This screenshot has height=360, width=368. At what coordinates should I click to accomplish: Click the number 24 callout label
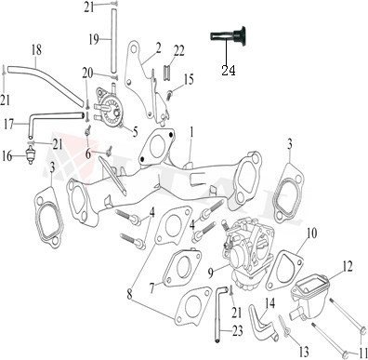pyautogui.click(x=227, y=69)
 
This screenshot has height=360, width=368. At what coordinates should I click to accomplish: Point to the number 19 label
pyautogui.click(x=93, y=38)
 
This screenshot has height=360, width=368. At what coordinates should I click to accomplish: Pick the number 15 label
pyautogui.click(x=189, y=79)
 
